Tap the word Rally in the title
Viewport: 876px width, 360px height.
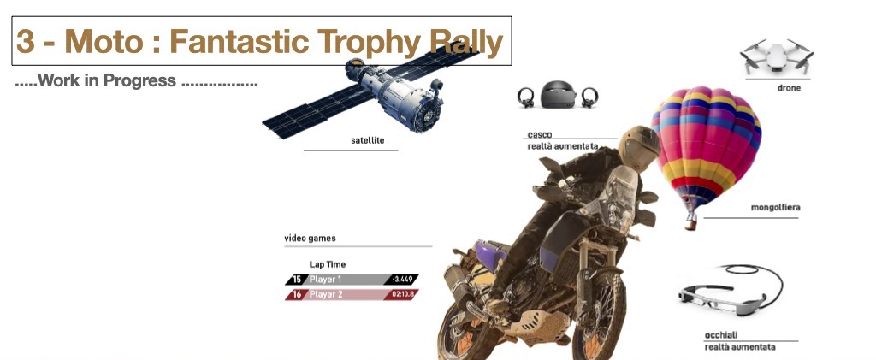click(466, 43)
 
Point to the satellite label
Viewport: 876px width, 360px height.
click(368, 140)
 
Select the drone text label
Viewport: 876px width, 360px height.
click(789, 88)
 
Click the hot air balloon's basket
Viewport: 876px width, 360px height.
click(691, 224)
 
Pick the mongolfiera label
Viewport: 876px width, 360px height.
click(775, 208)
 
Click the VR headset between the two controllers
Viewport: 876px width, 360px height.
click(558, 94)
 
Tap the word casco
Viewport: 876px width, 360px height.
click(540, 135)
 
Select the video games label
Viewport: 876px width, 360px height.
click(310, 239)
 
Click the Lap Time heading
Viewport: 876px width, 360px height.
click(328, 264)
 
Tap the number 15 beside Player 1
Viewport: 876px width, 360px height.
click(297, 280)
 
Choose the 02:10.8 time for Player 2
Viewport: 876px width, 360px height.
click(402, 295)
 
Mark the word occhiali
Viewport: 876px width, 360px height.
click(721, 335)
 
